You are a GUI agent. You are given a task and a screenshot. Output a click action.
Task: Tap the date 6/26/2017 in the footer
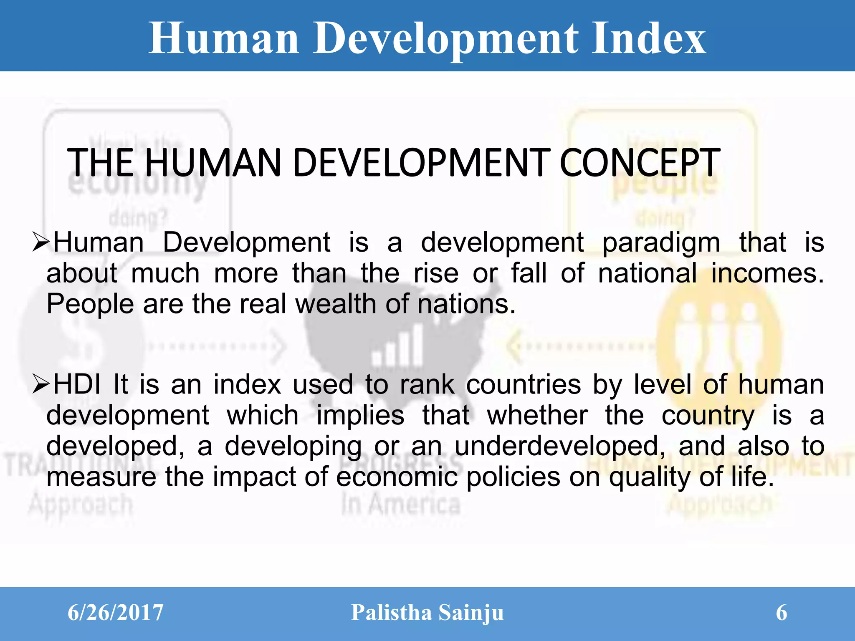click(x=115, y=613)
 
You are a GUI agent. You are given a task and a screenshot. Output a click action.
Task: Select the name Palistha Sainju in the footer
click(x=427, y=613)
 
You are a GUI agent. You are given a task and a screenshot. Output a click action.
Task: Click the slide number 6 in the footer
click(x=781, y=613)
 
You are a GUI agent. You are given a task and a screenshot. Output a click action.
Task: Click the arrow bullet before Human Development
click(x=41, y=242)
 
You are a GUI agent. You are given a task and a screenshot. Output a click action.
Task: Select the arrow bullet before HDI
click(x=41, y=384)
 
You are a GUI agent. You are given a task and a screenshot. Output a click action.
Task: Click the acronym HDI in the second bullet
click(x=77, y=384)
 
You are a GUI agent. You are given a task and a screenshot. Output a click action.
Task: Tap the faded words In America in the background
click(x=401, y=504)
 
